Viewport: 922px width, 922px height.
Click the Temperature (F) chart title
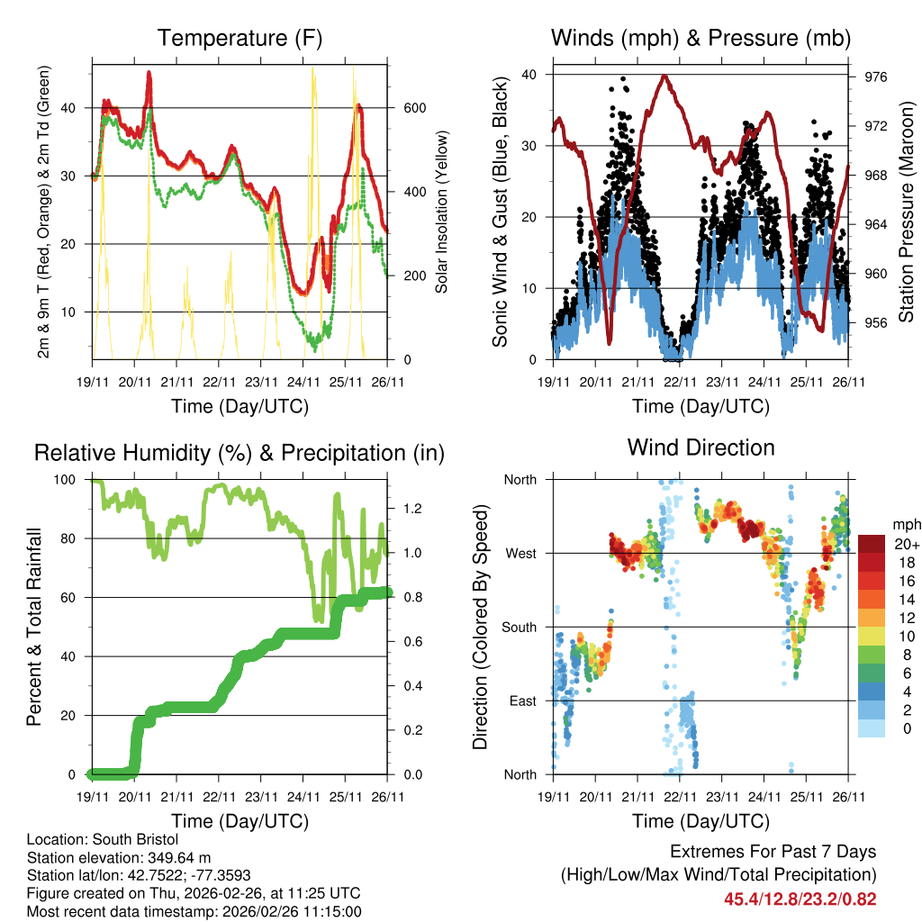coord(240,39)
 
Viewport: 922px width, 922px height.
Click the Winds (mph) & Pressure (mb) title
coord(701,39)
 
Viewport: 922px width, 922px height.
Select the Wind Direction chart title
coord(701,447)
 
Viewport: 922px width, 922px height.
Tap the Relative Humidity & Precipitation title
coord(240,453)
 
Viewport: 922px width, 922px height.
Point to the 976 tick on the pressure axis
coord(876,77)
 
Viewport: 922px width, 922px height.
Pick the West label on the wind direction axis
coord(520,554)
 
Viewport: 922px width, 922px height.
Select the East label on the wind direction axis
coord(521,701)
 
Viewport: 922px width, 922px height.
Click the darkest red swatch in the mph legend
coord(872,543)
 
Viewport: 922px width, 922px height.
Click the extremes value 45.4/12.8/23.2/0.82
coord(800,899)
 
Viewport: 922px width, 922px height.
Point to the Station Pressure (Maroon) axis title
coord(907,212)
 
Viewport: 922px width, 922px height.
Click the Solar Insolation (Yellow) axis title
coord(442,212)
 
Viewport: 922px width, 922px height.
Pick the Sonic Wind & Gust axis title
coord(501,212)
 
